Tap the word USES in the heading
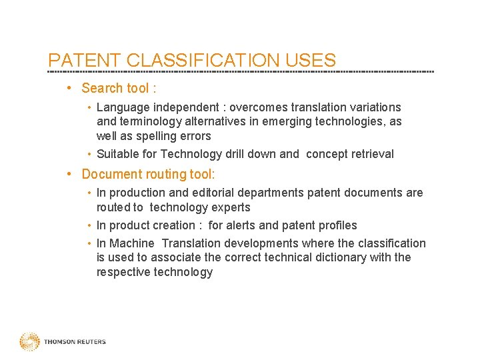tap(313, 61)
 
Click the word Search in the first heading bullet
tap(102, 88)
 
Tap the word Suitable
tap(118, 154)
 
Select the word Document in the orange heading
tap(109, 174)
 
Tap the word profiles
tap(335, 225)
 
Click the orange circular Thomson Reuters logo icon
tap(29, 342)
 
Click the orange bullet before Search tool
tap(70, 88)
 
